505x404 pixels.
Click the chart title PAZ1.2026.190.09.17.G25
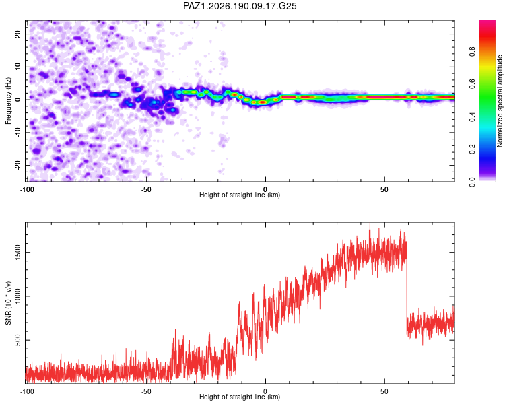(240, 6)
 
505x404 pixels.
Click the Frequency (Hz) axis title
(8, 101)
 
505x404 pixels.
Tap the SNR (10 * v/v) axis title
(8, 303)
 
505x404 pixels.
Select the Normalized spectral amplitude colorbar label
(500, 101)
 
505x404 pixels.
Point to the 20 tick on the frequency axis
(18, 34)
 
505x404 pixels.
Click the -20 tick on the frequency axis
(18, 165)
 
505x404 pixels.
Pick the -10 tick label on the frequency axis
(18, 132)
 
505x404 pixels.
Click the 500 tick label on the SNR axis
(18, 340)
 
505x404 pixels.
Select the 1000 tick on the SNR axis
(18, 296)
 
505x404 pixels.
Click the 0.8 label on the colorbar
(472, 52)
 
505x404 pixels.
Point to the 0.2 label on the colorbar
(472, 149)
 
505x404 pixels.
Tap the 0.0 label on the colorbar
(472, 182)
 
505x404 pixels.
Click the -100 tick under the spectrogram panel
(27, 189)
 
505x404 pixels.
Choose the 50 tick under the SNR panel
(384, 391)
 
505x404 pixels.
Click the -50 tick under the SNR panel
(146, 391)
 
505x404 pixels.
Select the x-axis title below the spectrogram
(240, 195)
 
